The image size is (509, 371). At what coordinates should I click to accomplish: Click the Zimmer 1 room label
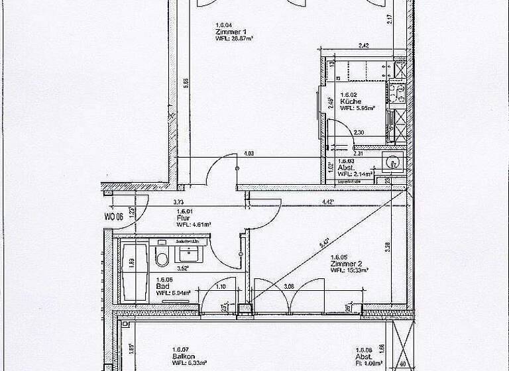[x=227, y=32]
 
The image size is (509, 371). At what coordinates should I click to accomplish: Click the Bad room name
[x=162, y=285]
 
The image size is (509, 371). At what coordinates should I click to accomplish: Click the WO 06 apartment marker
[x=115, y=216]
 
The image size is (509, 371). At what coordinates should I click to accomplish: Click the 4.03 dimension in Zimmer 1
[x=249, y=154]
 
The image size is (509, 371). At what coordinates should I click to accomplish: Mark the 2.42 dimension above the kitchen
[x=363, y=46]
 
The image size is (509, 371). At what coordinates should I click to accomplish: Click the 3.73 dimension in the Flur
[x=178, y=202]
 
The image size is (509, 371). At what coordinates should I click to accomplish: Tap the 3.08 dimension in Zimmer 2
[x=288, y=286]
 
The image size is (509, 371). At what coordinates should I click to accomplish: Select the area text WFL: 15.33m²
[x=347, y=270]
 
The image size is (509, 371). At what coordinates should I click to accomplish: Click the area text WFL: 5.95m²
[x=359, y=108]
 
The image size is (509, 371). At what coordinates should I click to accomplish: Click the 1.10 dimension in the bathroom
[x=221, y=286]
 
